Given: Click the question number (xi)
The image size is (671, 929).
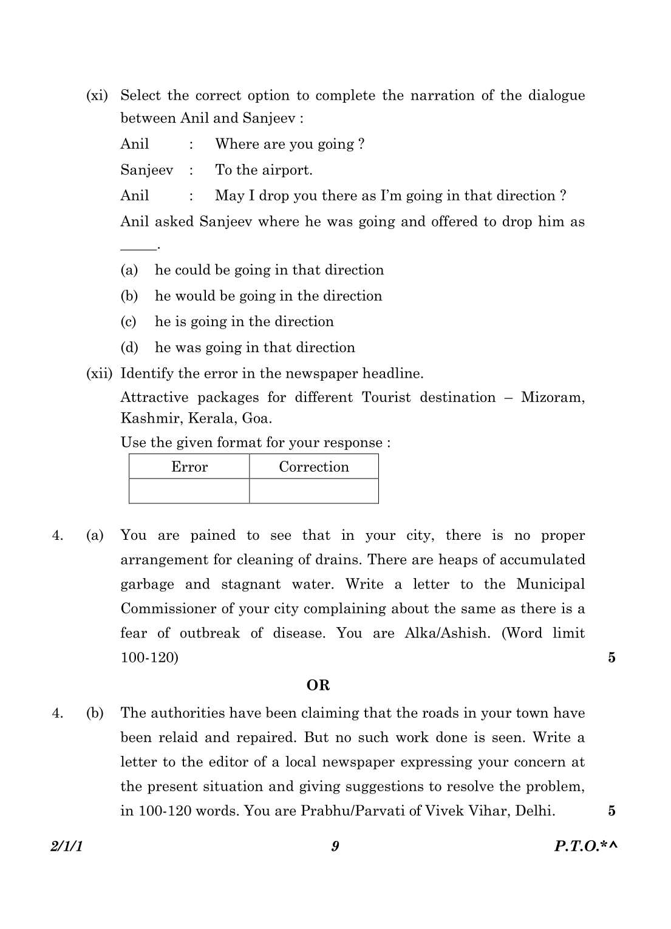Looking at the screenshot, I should tap(97, 96).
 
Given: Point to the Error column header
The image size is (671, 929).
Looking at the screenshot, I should tap(189, 467).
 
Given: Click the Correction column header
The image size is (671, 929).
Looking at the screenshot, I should tap(314, 467).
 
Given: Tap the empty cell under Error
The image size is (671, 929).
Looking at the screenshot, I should tap(189, 491).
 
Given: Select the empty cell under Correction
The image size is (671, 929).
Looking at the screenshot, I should tap(314, 491).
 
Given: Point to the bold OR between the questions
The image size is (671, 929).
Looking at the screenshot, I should tap(318, 686).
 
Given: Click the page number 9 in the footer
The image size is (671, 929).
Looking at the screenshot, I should tap(335, 846).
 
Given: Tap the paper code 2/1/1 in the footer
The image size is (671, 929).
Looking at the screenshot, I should tap(66, 846).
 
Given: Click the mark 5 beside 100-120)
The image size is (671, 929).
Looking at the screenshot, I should tap(611, 658).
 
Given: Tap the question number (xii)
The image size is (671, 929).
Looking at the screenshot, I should tap(100, 373).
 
